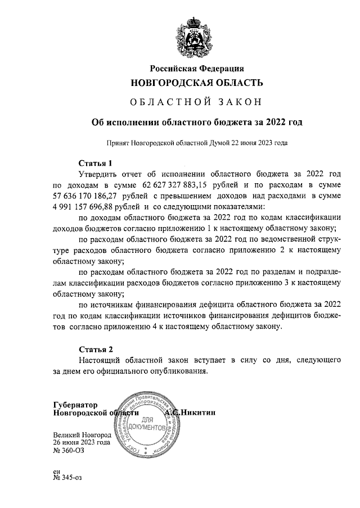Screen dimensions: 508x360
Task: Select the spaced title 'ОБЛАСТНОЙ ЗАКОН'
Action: [x=196, y=102]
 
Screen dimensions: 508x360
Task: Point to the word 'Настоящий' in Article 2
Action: [x=100, y=359]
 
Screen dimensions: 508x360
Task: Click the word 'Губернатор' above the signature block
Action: [x=75, y=404]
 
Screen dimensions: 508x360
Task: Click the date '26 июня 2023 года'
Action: [x=81, y=442]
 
